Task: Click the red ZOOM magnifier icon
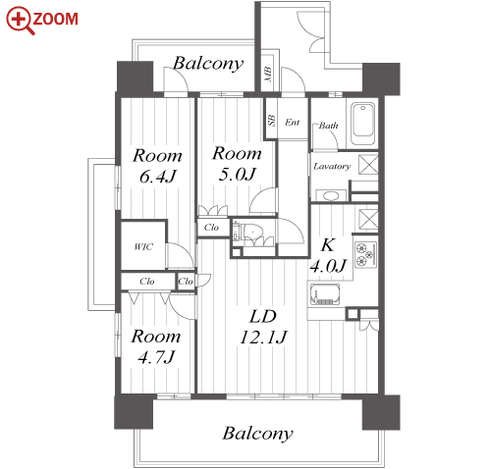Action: coord(19,20)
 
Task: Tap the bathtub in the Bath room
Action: coord(362,124)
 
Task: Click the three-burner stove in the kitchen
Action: coord(365,254)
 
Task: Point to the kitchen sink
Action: coord(325,294)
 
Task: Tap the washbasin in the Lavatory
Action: coord(331,195)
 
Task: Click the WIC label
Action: coord(143,247)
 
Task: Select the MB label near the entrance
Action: coord(268,75)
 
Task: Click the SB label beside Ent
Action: coord(271,121)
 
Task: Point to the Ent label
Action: coord(292,123)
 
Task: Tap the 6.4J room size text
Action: coord(158,177)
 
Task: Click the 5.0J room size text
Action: coord(237,175)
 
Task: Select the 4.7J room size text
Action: coord(156,357)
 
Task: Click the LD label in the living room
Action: coord(263,317)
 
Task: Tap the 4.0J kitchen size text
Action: coord(328,266)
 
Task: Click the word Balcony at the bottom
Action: coord(258,434)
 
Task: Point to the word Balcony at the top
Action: coord(208,64)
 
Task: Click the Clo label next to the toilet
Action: coord(211,228)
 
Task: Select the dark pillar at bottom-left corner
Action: coord(134,411)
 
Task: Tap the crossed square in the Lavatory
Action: coord(368,165)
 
